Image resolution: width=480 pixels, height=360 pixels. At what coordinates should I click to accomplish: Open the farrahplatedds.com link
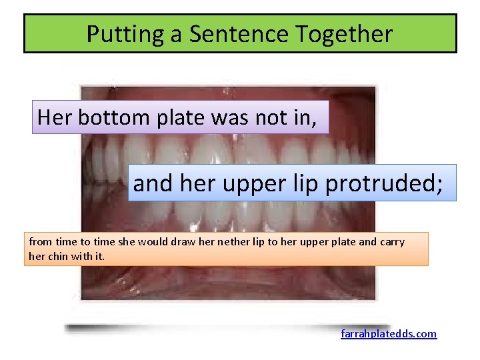click(x=389, y=333)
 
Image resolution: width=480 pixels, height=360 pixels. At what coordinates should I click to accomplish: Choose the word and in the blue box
click(x=151, y=183)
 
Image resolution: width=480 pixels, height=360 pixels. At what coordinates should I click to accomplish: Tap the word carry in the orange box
click(x=392, y=242)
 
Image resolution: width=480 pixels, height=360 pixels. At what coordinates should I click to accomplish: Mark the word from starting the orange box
click(x=39, y=242)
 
